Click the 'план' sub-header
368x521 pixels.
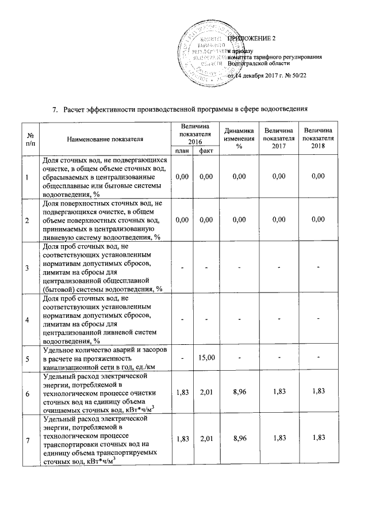[182, 151]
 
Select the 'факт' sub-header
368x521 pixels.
[204, 151]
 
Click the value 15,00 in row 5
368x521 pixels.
[204, 358]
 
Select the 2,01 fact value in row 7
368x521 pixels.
[204, 440]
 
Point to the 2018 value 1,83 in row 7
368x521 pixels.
[319, 440]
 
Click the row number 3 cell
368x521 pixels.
[27, 268]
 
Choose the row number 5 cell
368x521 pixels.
[27, 358]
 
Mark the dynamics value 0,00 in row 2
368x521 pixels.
[239, 220]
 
